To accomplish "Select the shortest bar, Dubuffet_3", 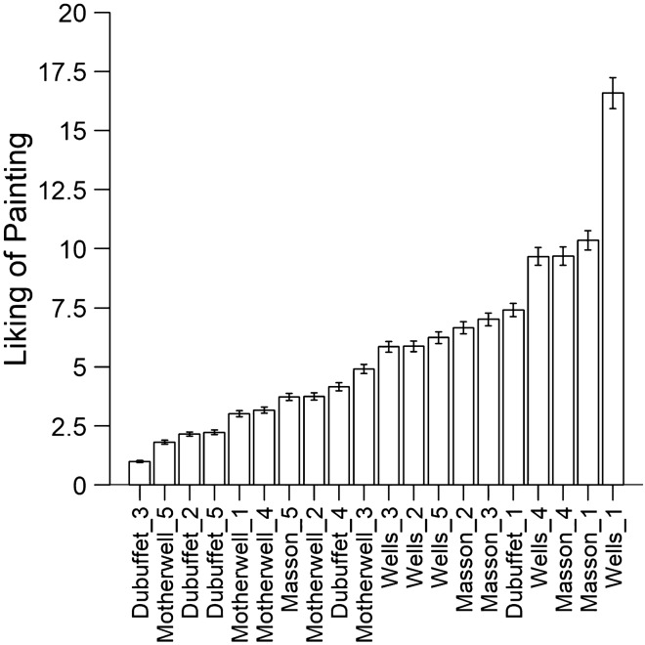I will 140,473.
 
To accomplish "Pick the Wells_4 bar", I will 537,370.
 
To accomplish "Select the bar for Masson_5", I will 288,441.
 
